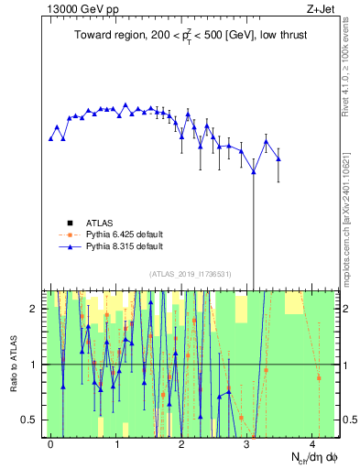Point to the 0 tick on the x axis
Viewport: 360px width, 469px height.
[x=50, y=443]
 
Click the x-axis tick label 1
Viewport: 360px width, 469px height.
[x=116, y=443]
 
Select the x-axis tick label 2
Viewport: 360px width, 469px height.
[x=182, y=443]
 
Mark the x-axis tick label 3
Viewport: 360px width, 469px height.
[x=247, y=443]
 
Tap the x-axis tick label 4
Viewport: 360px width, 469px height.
[x=313, y=443]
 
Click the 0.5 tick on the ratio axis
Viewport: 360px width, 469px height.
[x=32, y=420]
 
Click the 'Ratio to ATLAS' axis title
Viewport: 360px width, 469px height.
[x=14, y=364]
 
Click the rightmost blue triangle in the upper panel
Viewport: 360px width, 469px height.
[x=278, y=159]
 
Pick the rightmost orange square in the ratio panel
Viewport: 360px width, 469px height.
[x=319, y=377]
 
